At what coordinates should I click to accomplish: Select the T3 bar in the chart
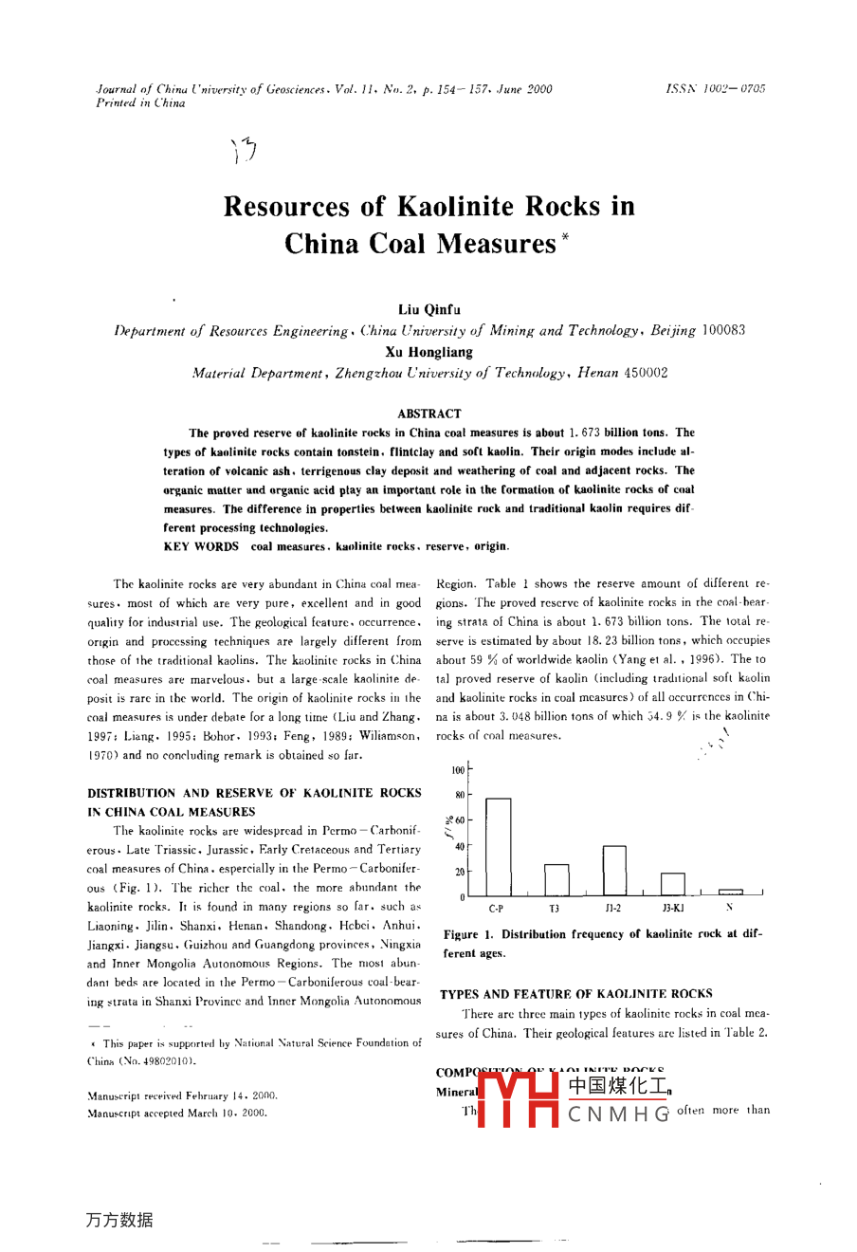click(556, 880)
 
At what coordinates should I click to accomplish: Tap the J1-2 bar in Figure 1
click(614, 871)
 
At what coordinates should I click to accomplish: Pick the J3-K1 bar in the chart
click(672, 885)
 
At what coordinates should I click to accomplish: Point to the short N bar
click(730, 893)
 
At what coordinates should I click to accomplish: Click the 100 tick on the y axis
click(459, 770)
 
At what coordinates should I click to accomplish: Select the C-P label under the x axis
click(497, 909)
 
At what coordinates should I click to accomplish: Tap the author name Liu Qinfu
click(428, 310)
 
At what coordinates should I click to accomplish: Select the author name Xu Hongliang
click(428, 352)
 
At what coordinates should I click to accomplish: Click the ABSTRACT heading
click(429, 414)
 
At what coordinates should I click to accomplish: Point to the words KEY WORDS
click(201, 546)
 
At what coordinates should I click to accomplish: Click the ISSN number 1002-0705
click(729, 89)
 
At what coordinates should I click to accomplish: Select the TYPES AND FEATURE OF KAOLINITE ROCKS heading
click(575, 994)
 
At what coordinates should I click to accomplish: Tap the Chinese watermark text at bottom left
click(119, 1220)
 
